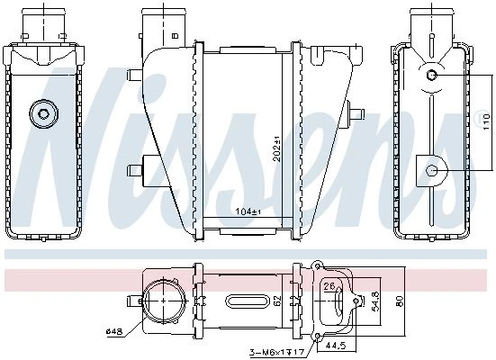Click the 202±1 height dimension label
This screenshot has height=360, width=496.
tap(277, 148)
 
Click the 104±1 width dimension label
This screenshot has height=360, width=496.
tap(248, 211)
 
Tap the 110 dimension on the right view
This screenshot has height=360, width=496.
tap(486, 121)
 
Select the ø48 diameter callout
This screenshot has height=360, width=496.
tap(114, 331)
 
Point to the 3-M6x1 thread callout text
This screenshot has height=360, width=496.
tap(277, 352)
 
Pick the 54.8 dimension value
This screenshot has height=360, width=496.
tap(376, 301)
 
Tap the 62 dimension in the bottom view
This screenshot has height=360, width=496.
tap(277, 301)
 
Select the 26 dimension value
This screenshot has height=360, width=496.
tap(329, 286)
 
